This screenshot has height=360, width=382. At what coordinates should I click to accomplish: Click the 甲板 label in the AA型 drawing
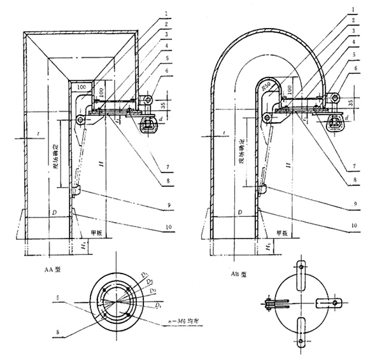[97, 232]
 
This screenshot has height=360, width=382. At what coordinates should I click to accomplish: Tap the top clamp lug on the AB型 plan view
[303, 270]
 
